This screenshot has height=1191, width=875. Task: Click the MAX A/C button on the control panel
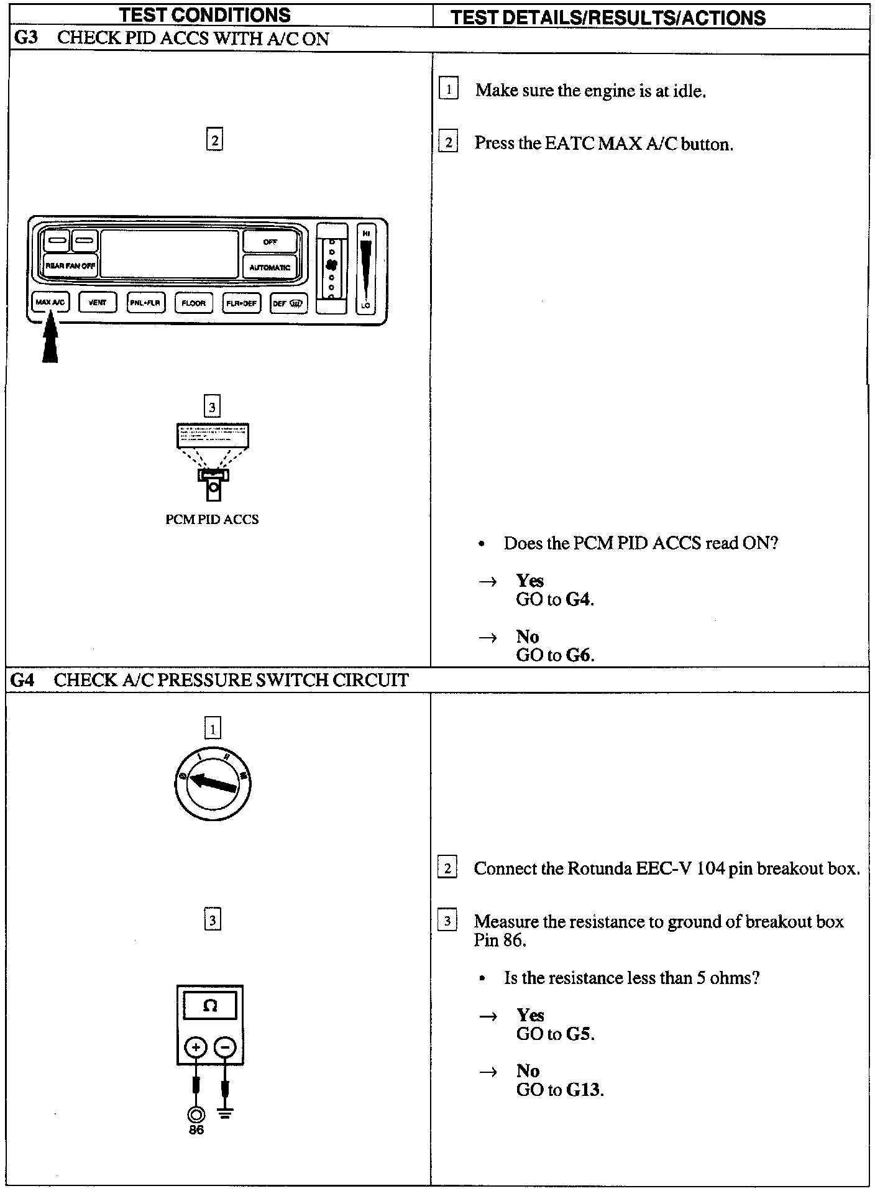(x=50, y=303)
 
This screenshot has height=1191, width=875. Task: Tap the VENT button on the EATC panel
(x=98, y=303)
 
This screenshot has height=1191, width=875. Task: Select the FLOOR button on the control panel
(x=193, y=303)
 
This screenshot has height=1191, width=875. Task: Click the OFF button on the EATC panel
(x=270, y=242)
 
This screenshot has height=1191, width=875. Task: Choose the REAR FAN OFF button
(x=70, y=265)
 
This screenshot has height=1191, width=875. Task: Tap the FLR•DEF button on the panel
(x=241, y=303)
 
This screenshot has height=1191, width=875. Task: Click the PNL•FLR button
(x=145, y=303)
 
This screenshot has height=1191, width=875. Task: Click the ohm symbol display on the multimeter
(x=210, y=1006)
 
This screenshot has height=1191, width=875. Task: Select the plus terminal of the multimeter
(x=196, y=1047)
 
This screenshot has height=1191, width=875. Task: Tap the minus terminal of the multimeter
(x=225, y=1047)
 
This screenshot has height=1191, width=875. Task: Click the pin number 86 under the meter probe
(x=196, y=1129)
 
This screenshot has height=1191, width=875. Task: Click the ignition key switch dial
(x=213, y=783)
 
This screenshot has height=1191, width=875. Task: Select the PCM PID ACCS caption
(x=212, y=519)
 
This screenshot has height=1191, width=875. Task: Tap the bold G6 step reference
(x=579, y=655)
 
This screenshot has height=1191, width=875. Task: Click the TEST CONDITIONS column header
(x=204, y=15)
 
